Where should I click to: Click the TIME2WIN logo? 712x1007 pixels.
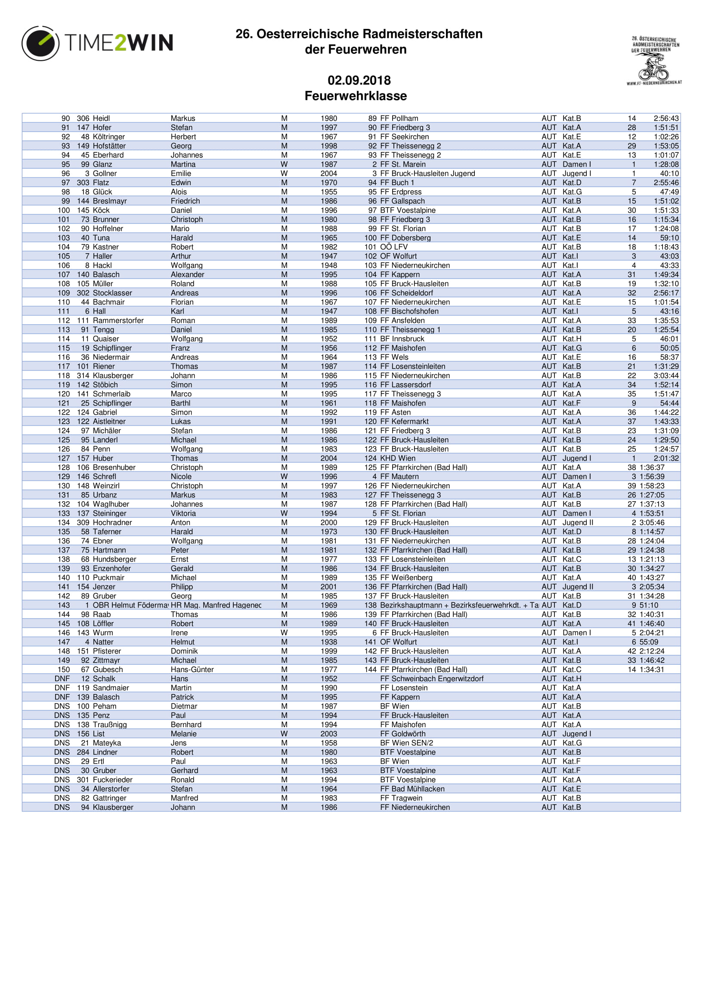[x=97, y=43]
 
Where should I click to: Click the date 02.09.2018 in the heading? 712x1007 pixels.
[x=359, y=80]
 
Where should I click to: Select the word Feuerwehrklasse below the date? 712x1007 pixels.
[x=356, y=96]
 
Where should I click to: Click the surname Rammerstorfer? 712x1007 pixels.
[x=118, y=321]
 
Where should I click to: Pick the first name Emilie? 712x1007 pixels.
[x=181, y=174]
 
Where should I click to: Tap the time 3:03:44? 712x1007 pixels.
[x=666, y=376]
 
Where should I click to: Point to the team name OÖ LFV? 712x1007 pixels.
[x=394, y=248]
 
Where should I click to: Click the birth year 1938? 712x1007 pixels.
[x=328, y=642]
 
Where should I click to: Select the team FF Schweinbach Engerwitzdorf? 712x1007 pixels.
[x=431, y=679]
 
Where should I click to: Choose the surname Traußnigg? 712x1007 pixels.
[x=110, y=725]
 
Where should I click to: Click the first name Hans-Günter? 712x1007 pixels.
[x=192, y=670]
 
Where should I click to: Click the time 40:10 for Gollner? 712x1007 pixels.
[x=669, y=174]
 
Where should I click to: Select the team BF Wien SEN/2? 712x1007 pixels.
[x=406, y=743]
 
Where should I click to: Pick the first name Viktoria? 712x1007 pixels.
[x=183, y=514]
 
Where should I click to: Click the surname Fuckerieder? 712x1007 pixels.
[x=112, y=780]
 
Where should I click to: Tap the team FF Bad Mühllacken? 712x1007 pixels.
[x=412, y=789]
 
